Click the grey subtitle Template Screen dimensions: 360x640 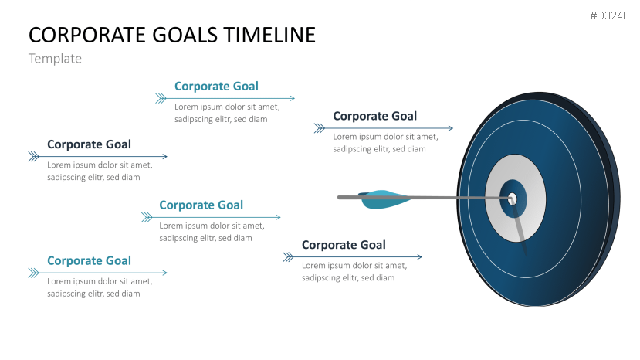coord(55,59)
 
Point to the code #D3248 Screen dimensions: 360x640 coord(610,15)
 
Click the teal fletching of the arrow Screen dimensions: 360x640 coord(381,199)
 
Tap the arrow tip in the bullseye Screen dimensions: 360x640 coord(511,199)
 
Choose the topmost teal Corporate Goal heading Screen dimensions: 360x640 coord(216,87)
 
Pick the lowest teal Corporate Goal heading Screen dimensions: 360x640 coord(89,261)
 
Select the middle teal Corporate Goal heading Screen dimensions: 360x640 coord(201,205)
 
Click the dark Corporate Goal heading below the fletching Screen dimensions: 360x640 coord(344,246)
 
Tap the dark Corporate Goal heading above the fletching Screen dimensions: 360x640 coord(374,117)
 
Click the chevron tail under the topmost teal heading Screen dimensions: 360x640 coord(161,98)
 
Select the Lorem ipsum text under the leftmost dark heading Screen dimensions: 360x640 coord(100,171)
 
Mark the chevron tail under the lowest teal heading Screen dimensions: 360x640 coord(33,272)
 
